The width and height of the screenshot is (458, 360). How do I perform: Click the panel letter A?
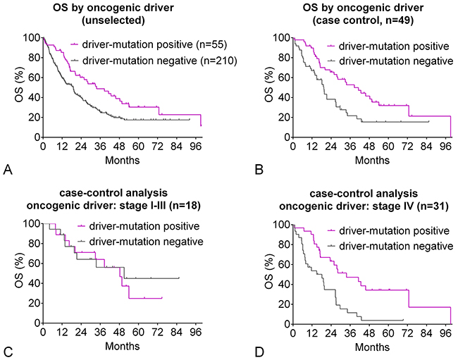8,170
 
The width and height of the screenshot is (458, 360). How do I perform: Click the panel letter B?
259,170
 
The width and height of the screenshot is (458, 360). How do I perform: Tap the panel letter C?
8,352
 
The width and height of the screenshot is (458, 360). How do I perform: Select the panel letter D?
259,352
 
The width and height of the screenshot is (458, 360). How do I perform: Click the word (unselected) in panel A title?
113,20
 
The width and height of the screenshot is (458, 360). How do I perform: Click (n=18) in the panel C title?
183,206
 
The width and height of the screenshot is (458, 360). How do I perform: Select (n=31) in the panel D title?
431,206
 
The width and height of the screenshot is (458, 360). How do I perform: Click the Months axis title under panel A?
123,160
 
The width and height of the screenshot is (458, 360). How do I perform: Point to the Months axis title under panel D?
373,347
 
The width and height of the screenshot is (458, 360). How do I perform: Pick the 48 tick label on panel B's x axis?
369,146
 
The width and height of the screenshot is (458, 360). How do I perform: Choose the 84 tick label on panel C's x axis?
177,332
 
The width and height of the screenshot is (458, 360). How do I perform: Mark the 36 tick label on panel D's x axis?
350,333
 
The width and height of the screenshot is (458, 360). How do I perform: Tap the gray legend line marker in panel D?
332,246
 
